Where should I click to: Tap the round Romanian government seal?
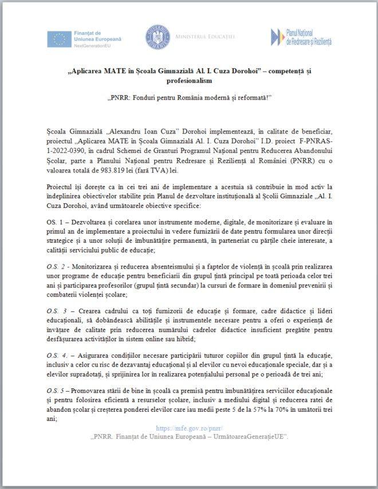(157, 37)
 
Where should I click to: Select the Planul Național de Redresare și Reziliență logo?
(302, 37)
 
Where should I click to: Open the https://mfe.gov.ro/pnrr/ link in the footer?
(189, 428)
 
